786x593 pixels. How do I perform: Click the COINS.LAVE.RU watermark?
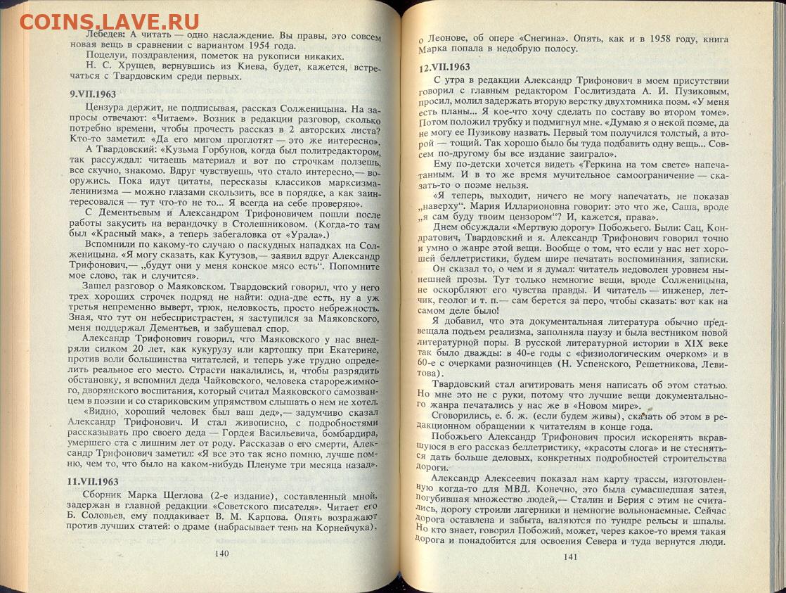coord(109,21)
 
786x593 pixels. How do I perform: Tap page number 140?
coord(222,553)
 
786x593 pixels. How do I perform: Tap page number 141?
coord(570,557)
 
